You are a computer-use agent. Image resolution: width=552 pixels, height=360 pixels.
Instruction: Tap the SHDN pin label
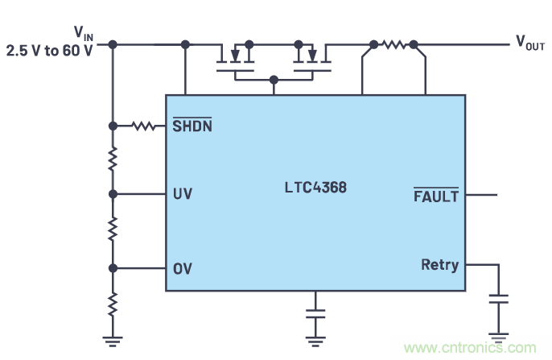(193, 126)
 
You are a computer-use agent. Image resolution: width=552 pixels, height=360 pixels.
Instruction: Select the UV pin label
(182, 194)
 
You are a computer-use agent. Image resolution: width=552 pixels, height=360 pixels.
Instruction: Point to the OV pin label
(182, 268)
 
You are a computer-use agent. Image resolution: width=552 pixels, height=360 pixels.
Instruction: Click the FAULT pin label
(435, 196)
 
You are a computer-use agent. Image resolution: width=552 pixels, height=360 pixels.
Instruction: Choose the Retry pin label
(439, 264)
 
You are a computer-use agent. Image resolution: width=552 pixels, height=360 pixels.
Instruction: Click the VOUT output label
(531, 43)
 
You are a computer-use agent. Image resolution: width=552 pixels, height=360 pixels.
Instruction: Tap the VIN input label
(84, 33)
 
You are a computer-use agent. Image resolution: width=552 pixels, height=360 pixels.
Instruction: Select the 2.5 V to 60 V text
(48, 51)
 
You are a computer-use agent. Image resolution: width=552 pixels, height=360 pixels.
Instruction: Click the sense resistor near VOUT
(393, 44)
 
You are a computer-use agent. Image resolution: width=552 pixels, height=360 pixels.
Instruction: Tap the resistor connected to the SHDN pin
(144, 126)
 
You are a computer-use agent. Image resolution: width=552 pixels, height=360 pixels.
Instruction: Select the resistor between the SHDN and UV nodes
(113, 159)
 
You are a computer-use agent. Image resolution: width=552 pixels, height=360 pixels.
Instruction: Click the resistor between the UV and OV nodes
(113, 230)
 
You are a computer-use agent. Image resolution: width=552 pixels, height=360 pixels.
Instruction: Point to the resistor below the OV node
(113, 304)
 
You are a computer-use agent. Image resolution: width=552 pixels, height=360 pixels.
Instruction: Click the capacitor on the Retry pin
(500, 300)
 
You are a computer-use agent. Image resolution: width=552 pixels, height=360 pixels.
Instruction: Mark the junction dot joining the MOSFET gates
(274, 80)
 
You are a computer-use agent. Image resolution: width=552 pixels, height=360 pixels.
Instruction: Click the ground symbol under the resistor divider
(113, 337)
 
